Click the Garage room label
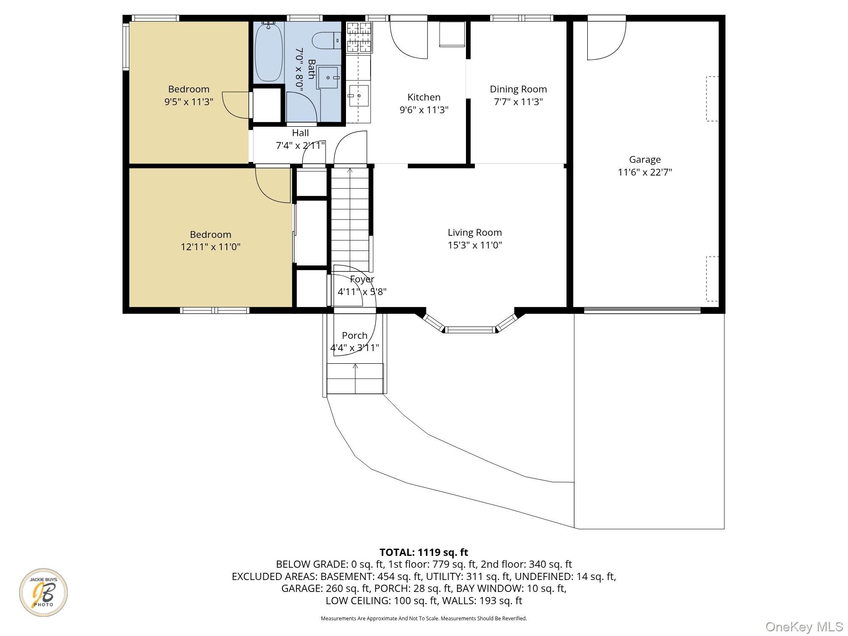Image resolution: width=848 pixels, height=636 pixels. pyautogui.click(x=644, y=159)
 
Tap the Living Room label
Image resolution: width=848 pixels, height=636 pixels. pyautogui.click(x=474, y=232)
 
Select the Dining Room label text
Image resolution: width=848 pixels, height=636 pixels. pyautogui.click(x=518, y=89)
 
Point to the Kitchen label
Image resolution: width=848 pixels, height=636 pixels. pyautogui.click(x=424, y=97)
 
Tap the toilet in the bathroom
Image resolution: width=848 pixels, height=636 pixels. pyautogui.click(x=326, y=41)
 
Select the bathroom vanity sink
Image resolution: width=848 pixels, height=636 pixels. pyautogui.click(x=329, y=78)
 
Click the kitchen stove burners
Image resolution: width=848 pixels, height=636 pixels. pyautogui.click(x=360, y=38)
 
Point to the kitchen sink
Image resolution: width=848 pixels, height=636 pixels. pyautogui.click(x=358, y=96)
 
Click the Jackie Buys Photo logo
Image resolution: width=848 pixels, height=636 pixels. pyautogui.click(x=43, y=592)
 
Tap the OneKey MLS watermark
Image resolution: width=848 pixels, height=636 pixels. pyautogui.click(x=804, y=626)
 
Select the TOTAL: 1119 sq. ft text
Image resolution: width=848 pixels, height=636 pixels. pyautogui.click(x=424, y=552)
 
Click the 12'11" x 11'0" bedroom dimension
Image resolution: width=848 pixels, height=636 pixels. pyautogui.click(x=211, y=247)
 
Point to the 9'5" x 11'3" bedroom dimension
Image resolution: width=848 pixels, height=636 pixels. pyautogui.click(x=189, y=102)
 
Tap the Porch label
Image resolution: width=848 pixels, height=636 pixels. pyautogui.click(x=354, y=335)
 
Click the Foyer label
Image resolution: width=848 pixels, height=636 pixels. pyautogui.click(x=362, y=279)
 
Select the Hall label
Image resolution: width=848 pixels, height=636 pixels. pyautogui.click(x=300, y=133)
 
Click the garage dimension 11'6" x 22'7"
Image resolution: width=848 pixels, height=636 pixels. pyautogui.click(x=645, y=172)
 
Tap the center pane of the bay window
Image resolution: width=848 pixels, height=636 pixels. pyautogui.click(x=470, y=329)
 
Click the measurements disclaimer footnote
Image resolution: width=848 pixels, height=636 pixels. pyautogui.click(x=424, y=619)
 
